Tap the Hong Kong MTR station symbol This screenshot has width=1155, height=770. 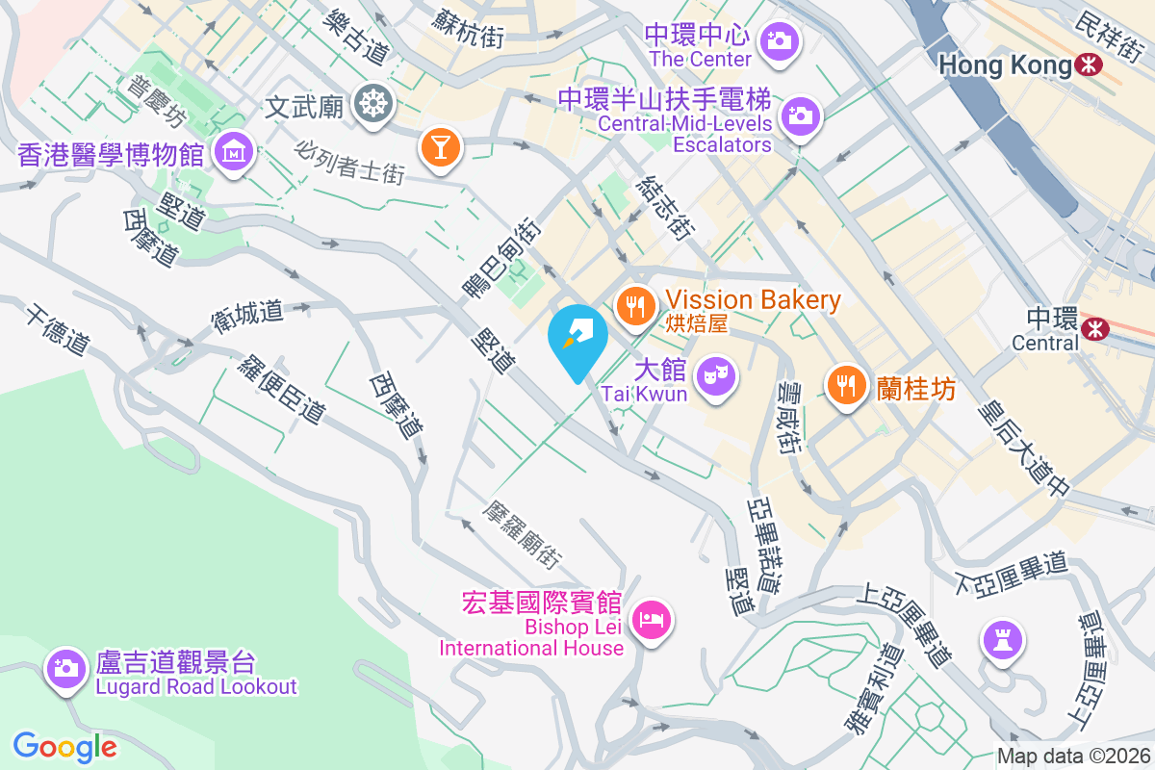(1090, 65)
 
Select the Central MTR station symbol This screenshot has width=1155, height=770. (1094, 329)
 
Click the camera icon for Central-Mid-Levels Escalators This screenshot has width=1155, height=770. (800, 115)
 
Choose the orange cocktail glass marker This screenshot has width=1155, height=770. (441, 147)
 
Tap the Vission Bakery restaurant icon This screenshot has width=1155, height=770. (634, 306)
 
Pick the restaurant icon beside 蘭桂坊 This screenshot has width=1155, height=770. (846, 385)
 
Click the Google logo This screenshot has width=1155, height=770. (65, 747)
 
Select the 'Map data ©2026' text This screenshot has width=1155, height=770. (1073, 756)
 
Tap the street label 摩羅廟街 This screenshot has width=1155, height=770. (524, 532)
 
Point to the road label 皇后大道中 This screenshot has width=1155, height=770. (1022, 449)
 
